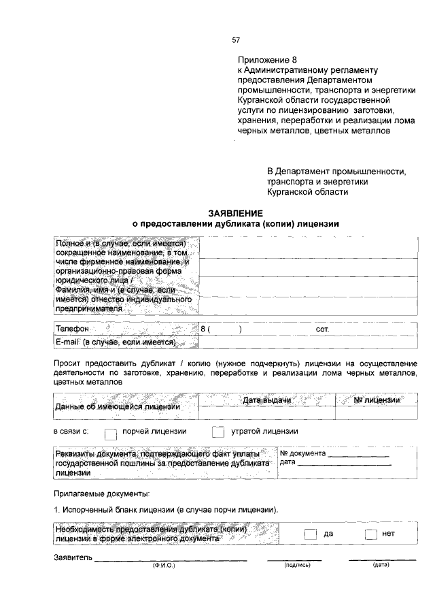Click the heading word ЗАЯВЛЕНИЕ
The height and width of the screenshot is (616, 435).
(x=235, y=213)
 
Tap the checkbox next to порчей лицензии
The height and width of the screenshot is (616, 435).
(x=111, y=432)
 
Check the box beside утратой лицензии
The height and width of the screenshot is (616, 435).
(x=217, y=432)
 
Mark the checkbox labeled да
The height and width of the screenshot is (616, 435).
(x=310, y=534)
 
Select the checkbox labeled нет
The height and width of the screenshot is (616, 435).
(x=370, y=534)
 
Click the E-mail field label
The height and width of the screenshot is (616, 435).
(x=116, y=342)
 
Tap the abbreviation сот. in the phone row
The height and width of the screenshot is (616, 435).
(x=323, y=329)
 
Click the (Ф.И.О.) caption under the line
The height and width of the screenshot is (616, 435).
(x=164, y=565)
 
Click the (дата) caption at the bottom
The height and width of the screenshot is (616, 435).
(x=381, y=565)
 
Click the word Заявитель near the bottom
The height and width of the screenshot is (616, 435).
(x=73, y=558)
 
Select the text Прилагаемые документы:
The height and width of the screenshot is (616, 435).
(x=101, y=493)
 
